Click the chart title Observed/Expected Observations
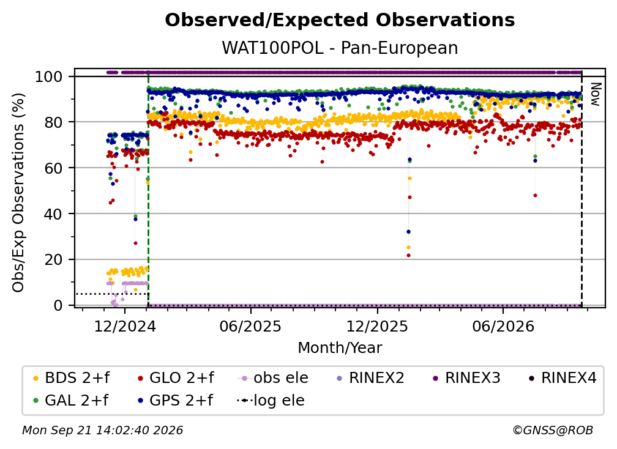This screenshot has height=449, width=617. tap(340, 20)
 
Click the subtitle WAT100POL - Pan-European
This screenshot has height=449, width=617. tap(340, 48)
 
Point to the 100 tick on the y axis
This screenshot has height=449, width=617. tap(49, 76)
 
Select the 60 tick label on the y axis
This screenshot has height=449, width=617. tap(53, 168)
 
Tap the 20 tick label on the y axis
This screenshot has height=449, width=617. tap(53, 260)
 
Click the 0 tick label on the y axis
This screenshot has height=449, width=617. tap(58, 305)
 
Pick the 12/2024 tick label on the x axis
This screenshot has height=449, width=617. tap(125, 327)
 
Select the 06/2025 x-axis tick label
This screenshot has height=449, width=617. tap(251, 327)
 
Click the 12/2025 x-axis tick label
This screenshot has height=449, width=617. tap(377, 327)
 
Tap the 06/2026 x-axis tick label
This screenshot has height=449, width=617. tap(503, 327)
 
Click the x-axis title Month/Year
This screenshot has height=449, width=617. tap(340, 348)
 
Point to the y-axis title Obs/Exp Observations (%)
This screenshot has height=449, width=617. tap(18, 192)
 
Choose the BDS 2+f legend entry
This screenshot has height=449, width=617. tap(71, 378)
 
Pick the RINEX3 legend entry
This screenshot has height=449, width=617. tap(466, 378)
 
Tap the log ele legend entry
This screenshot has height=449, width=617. tap(271, 401)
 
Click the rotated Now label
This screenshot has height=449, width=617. tap(596, 94)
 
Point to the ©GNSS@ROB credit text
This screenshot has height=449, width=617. tap(553, 430)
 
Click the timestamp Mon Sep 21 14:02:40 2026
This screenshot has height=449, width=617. tap(102, 430)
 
